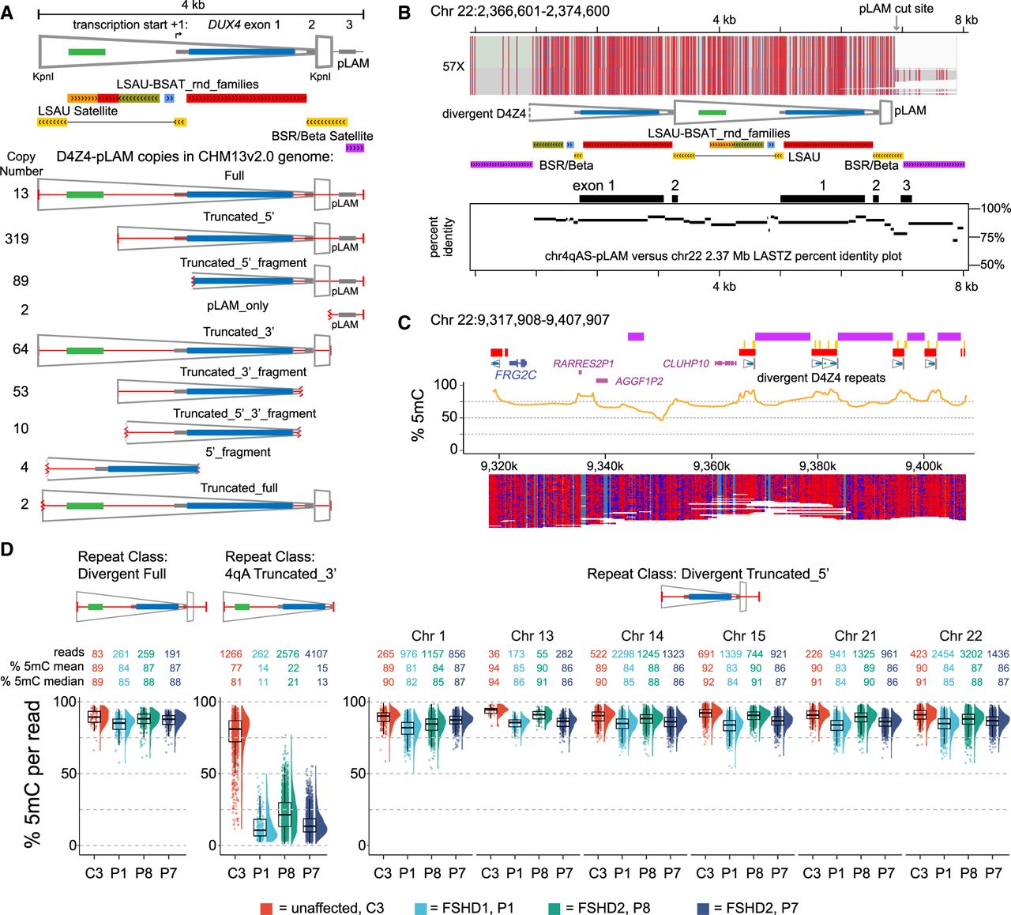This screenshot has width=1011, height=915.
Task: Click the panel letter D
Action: (8, 550)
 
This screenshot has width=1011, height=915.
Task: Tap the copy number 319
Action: (17, 238)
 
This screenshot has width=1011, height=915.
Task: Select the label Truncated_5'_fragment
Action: (243, 263)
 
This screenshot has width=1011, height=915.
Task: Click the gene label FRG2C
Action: (515, 375)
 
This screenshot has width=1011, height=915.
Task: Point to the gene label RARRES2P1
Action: (583, 363)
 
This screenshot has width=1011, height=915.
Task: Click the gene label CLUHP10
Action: (686, 363)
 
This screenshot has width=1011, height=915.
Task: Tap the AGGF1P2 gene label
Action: (638, 382)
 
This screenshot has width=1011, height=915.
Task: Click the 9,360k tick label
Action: (711, 466)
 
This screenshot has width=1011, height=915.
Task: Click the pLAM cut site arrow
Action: (896, 23)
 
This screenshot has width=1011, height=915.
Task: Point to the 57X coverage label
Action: (453, 66)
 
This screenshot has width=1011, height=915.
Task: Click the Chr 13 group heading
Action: (532, 635)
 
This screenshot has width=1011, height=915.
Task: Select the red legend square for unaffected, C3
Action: (266, 908)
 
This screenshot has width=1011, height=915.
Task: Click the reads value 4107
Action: (316, 653)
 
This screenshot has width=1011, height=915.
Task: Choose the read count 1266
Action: (231, 653)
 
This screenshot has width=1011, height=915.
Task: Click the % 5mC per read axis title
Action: (32, 774)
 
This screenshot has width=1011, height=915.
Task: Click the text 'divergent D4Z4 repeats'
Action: (821, 378)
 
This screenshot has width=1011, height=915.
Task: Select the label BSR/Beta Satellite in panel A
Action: (322, 136)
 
